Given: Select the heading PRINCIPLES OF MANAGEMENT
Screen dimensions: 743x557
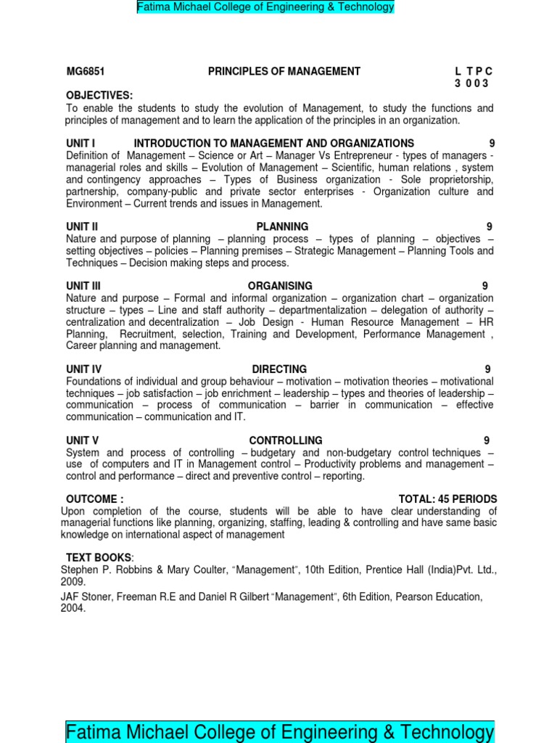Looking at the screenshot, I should (284, 71).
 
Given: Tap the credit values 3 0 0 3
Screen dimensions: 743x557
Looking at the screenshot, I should (472, 83).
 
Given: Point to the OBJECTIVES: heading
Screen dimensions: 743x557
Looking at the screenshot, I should (99, 95).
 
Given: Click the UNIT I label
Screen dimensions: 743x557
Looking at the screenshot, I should (81, 144).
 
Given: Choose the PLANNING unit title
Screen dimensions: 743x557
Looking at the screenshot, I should (282, 226).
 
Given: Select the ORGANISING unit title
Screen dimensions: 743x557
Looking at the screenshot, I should (280, 286).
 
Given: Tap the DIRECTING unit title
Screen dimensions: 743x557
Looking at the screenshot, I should (279, 369).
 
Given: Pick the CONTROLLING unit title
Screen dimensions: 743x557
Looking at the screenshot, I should (286, 440).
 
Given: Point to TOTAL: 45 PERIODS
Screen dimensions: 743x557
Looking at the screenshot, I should (447, 499).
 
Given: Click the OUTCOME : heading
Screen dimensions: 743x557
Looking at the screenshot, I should (95, 499).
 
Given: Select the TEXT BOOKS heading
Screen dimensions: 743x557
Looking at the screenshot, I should (99, 557).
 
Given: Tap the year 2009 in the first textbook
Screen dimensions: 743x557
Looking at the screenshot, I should (73, 581).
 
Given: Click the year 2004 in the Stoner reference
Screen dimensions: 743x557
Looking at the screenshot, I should (73, 609).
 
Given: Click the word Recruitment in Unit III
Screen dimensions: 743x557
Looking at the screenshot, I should (147, 334).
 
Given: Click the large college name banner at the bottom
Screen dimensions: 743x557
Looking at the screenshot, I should (280, 731).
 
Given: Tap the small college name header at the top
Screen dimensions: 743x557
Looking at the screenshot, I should (265, 7).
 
